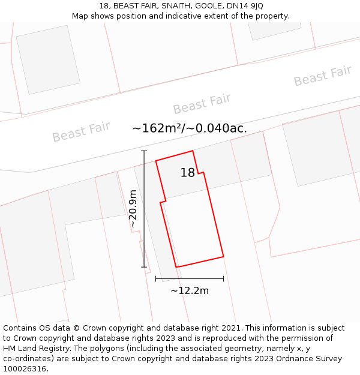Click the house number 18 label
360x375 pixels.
(188, 173)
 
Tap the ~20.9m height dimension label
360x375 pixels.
(133, 208)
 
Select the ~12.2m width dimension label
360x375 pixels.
(190, 291)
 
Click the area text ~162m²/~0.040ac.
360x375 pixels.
(190, 128)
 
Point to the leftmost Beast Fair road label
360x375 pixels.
(81, 131)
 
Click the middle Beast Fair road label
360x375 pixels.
(202, 104)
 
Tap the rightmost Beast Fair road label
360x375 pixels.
(322, 76)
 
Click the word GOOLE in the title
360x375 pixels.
(206, 6)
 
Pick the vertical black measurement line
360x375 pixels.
(144, 209)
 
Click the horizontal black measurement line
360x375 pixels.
(190, 278)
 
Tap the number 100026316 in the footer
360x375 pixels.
(25, 369)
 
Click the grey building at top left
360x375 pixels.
(48, 59)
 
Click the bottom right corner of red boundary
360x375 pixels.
(224, 257)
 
